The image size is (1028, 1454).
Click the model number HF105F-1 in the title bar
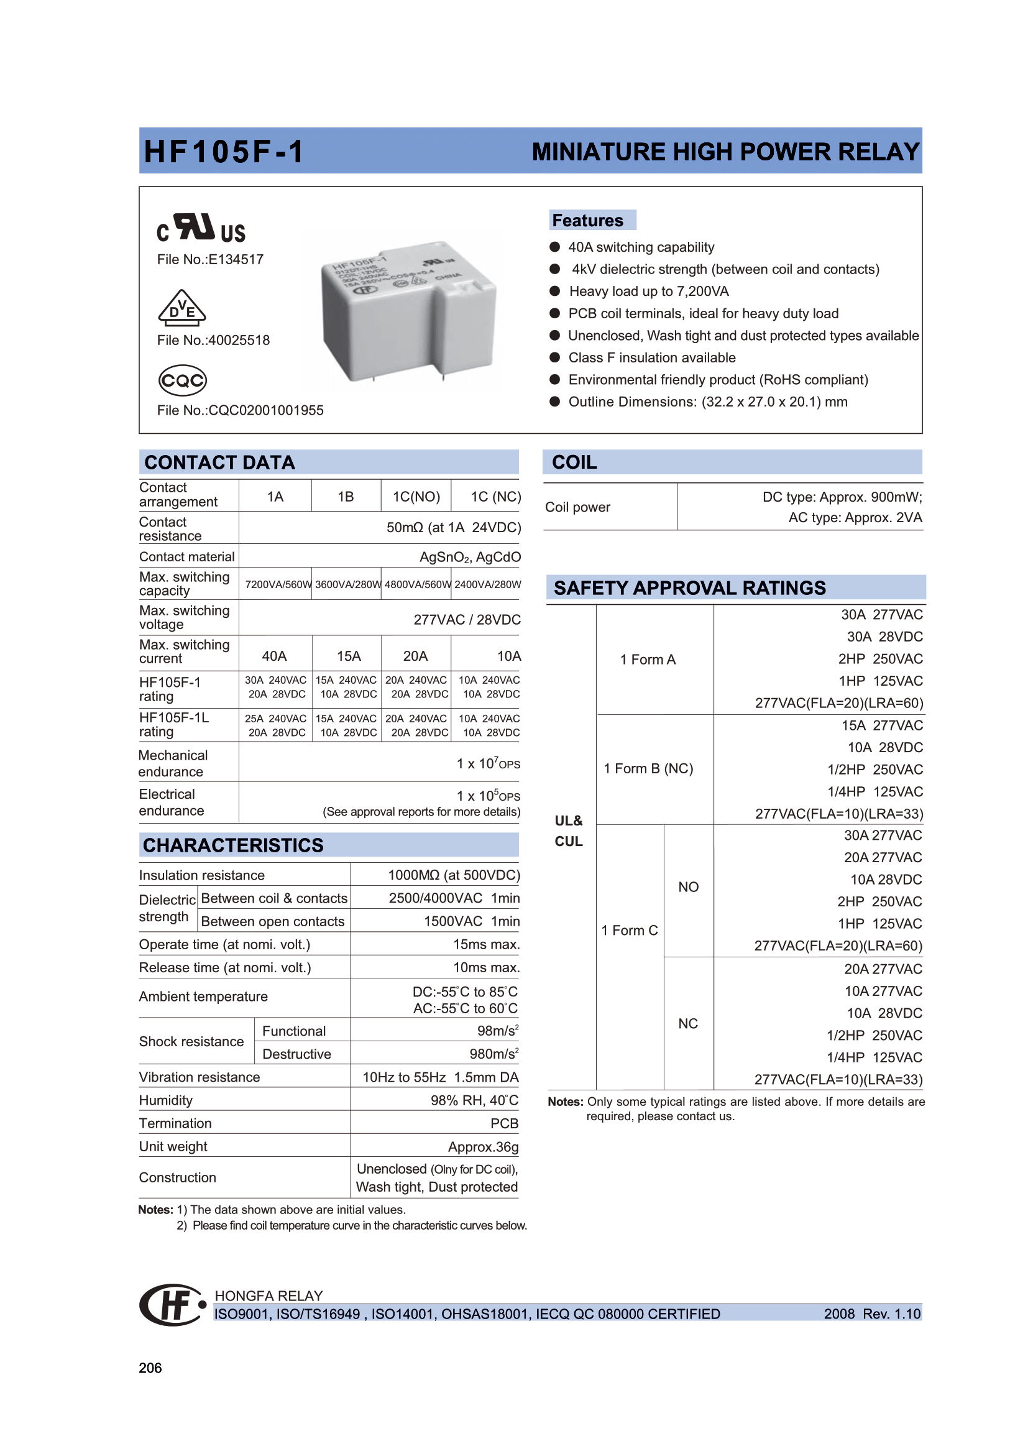224,152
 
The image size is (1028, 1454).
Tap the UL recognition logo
201,228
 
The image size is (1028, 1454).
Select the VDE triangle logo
181,308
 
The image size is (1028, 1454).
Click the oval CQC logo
182,380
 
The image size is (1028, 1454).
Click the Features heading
588,221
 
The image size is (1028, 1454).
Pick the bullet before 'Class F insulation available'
555,358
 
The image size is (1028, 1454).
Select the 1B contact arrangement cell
346,497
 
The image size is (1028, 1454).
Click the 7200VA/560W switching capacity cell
277,584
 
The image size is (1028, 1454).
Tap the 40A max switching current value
274,656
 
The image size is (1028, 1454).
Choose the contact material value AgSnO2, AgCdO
470,557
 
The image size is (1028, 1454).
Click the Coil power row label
577,507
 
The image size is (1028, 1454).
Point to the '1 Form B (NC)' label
648,769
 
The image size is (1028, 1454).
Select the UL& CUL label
569,831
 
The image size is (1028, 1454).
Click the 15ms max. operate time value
486,945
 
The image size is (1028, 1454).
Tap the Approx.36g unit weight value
483,1147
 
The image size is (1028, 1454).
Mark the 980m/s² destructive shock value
493,1054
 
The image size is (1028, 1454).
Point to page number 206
150,1368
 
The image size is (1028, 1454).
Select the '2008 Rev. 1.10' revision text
871,1314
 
